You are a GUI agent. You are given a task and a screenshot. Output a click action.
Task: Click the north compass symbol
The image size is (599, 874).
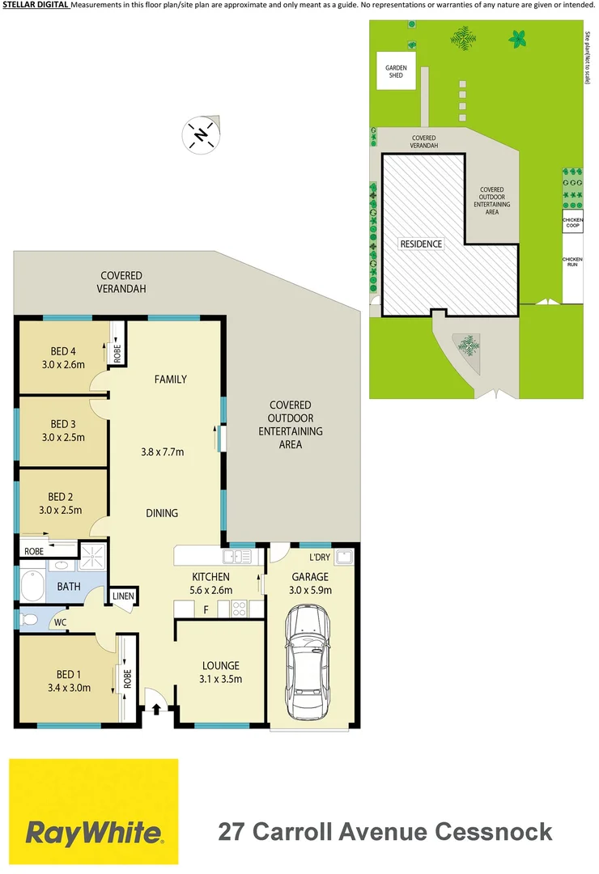pos(200,134)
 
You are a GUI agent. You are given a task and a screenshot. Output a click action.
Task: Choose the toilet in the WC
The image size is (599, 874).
pos(29,621)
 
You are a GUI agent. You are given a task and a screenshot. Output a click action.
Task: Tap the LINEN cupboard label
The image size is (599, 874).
pos(123,596)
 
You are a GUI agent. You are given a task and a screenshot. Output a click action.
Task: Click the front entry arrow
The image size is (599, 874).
pos(156,709)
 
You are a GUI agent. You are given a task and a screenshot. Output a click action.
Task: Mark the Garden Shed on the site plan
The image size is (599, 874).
pos(394,71)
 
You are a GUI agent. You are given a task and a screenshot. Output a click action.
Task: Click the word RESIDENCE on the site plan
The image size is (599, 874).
pos(421,244)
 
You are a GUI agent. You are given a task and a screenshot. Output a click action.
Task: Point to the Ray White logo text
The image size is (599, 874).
pos(93,832)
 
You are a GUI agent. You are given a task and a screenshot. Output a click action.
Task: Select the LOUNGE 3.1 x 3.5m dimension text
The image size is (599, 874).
pos(221,679)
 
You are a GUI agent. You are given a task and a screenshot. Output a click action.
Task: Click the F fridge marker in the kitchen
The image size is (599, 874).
pos(206,609)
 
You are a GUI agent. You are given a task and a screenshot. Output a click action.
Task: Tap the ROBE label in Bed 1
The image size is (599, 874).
pos(127,677)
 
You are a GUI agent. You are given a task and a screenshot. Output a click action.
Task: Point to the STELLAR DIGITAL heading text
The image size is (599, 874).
pos(35,6)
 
